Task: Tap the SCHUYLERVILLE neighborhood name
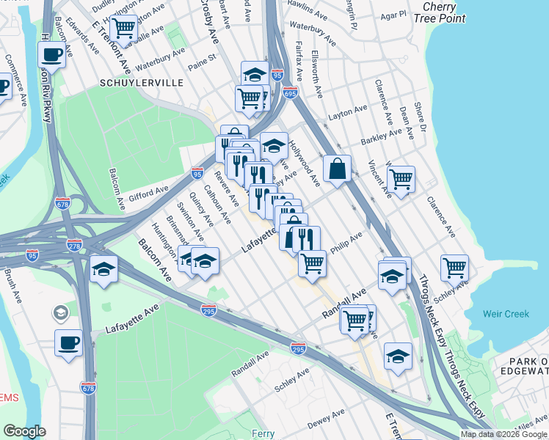point(142,84)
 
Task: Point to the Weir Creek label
point(506,314)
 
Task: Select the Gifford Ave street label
point(148,194)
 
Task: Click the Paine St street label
point(203,58)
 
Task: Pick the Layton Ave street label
point(348,111)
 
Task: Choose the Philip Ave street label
point(346,243)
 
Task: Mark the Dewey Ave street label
point(327,423)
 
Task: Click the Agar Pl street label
point(393,14)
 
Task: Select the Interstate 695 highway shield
point(290,93)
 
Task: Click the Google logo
point(24,431)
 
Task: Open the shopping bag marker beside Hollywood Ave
point(337,169)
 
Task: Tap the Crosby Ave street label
point(210,24)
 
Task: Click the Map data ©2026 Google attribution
point(503,434)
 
